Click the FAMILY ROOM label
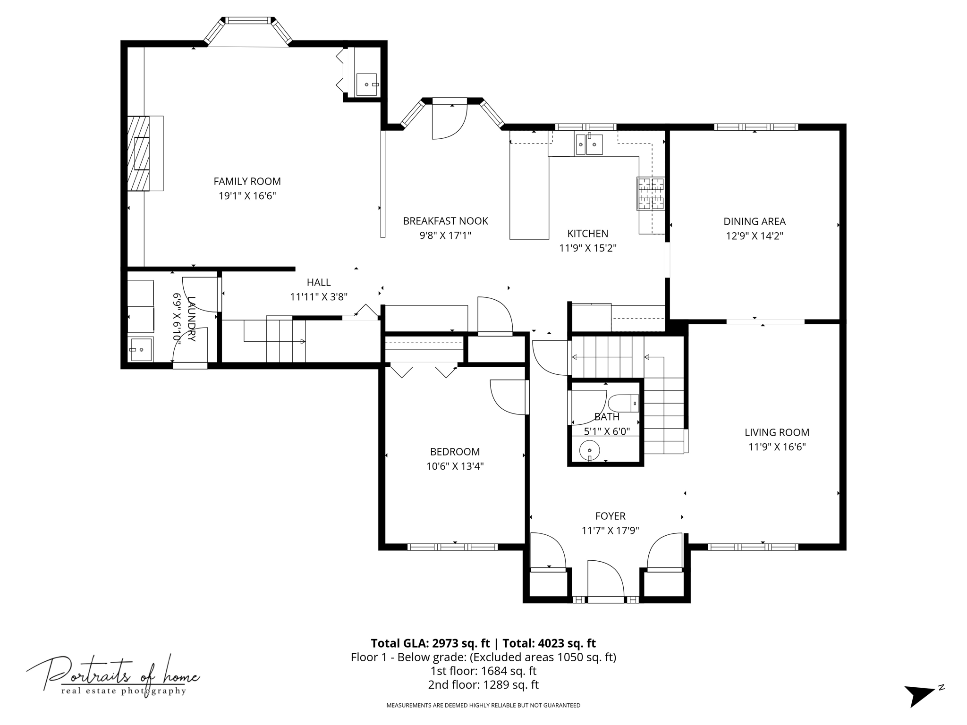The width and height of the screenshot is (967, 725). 247,181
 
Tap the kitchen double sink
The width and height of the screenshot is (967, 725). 589,144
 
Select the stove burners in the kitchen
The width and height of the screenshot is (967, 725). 651,194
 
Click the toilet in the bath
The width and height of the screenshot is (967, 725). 623,404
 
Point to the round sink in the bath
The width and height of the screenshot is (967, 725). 589,450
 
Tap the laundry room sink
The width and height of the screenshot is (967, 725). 141,349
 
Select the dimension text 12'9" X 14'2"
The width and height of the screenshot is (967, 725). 755,236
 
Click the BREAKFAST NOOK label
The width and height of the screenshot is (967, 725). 445,221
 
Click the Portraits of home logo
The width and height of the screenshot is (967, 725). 113,676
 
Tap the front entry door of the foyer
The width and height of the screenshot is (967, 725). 606,581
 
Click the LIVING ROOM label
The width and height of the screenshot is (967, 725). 777,432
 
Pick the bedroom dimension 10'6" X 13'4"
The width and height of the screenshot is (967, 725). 455,466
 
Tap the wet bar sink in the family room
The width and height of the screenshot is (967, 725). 367,84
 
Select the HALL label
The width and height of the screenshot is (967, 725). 319,282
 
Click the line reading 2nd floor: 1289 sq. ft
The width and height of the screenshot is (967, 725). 483,684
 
